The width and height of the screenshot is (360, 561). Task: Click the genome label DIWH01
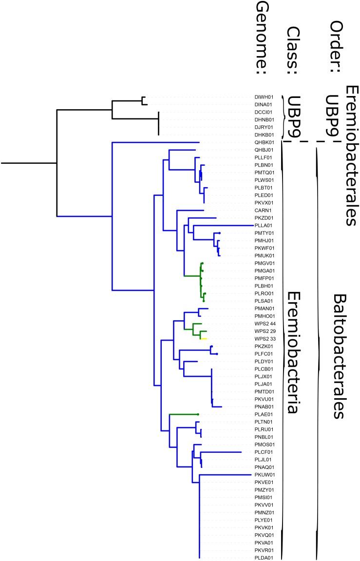click(264, 97)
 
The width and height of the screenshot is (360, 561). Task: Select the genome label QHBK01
click(264, 142)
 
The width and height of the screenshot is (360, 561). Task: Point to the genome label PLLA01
click(264, 225)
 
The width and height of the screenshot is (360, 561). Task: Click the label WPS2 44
click(265, 324)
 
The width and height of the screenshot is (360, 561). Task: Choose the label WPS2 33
click(265, 339)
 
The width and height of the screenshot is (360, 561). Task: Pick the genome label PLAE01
click(264, 414)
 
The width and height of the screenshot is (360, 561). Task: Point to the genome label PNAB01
click(264, 406)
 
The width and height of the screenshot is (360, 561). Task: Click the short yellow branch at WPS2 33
click(204, 339)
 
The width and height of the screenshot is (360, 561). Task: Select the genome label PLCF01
click(264, 452)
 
